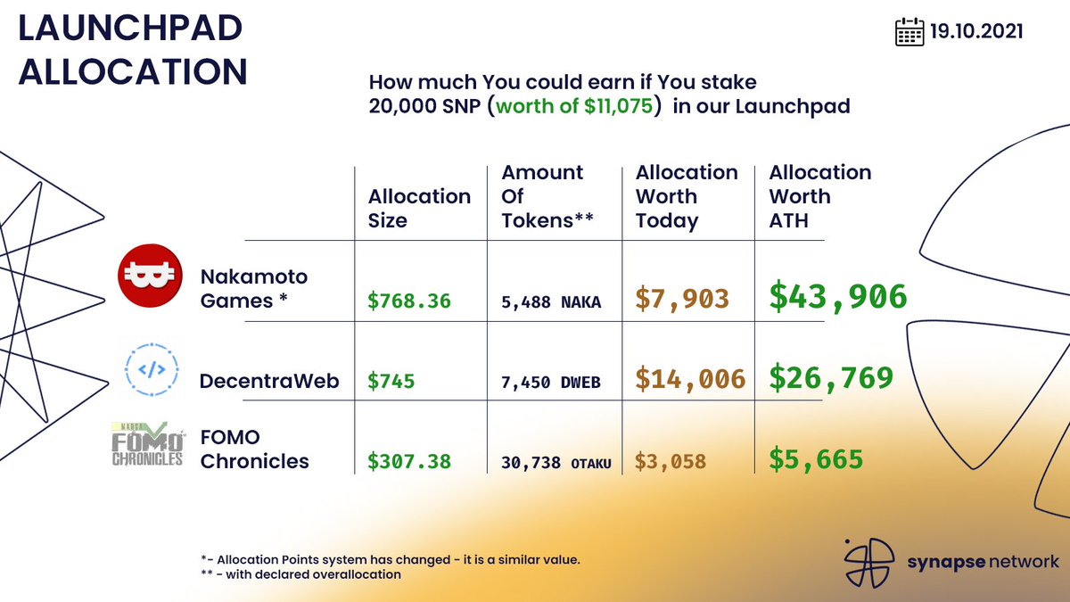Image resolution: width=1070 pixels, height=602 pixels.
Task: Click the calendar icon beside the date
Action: click(x=909, y=32)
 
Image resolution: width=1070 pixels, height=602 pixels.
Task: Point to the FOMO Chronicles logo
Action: click(x=148, y=444)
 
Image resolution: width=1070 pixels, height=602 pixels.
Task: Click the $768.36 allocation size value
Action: click(x=409, y=301)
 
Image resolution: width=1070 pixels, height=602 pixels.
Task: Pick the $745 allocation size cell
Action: click(x=391, y=382)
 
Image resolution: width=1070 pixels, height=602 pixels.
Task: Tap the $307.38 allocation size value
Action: click(x=409, y=461)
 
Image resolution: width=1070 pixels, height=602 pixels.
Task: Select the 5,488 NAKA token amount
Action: click(x=550, y=302)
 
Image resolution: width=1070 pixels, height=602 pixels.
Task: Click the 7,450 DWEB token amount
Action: click(x=550, y=383)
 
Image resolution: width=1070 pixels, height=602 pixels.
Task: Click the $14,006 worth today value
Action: click(x=690, y=379)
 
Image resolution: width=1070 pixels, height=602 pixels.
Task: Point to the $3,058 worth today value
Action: click(x=671, y=461)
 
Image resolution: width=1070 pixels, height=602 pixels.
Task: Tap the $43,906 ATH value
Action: click(x=838, y=297)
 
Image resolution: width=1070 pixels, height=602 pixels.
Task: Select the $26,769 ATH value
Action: click(x=831, y=377)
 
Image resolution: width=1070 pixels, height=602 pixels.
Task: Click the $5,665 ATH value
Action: click(x=816, y=459)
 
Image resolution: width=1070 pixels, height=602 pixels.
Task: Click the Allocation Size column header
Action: click(x=419, y=209)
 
